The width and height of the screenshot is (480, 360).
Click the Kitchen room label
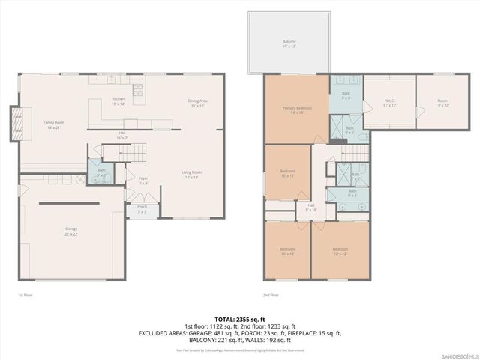pos(118,100)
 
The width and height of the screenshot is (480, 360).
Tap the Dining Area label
pos(198,103)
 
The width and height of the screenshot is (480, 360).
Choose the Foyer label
pos(142,180)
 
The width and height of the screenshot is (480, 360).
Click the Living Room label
pos(192,175)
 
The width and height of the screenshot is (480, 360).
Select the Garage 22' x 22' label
pos(71,230)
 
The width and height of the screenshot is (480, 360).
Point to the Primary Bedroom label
pos(297,109)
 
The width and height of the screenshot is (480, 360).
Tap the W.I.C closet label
pos(389,103)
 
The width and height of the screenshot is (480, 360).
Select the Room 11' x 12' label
pos(442,103)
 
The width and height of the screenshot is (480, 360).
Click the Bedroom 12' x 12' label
pos(340,250)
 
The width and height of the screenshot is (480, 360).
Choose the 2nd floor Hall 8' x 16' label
pos(310,207)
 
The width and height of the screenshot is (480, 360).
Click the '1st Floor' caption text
pos(25,295)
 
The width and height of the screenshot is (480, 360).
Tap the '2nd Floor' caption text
pos(271,295)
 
